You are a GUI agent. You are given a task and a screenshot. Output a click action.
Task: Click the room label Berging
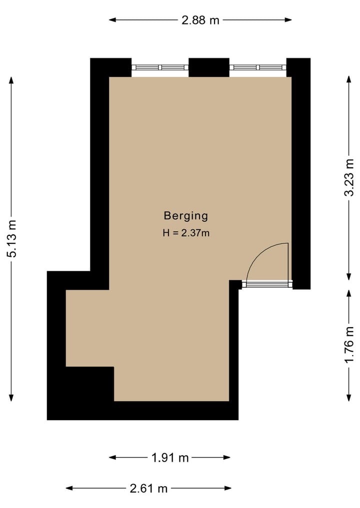[185, 216]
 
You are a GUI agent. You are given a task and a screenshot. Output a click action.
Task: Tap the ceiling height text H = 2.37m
[185, 232]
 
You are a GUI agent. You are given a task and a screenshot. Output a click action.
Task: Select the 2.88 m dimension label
[200, 20]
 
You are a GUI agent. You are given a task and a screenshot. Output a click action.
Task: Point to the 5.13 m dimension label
[11, 239]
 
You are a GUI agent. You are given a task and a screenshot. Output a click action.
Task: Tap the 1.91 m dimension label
[170, 458]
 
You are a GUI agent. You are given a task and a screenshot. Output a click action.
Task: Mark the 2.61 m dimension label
[148, 489]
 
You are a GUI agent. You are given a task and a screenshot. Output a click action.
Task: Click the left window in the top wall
[160, 67]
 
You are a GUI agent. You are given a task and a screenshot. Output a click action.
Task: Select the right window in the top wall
[258, 67]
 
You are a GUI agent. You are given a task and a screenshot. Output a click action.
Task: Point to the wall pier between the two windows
[209, 67]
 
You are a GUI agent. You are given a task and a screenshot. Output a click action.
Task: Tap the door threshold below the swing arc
[267, 285]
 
